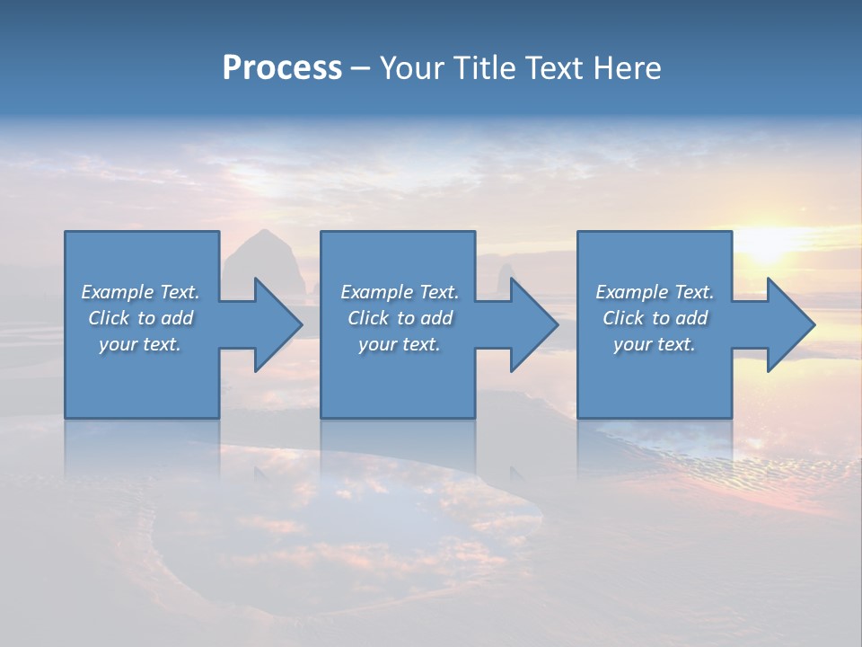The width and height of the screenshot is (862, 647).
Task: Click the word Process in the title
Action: point(282,68)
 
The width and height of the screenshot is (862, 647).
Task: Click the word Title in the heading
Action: point(485,68)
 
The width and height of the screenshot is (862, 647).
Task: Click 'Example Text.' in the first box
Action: point(140,292)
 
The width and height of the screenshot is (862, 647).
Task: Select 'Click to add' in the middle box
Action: point(400,318)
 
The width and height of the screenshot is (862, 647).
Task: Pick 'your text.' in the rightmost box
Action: point(655,344)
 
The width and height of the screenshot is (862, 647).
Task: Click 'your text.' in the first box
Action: point(140,344)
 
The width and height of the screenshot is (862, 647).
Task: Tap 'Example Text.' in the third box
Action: point(655,292)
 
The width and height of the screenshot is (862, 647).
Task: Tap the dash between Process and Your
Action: point(360,69)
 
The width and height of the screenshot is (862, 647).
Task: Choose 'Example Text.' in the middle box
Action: point(400,292)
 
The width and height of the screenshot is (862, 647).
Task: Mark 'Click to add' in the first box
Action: point(140,318)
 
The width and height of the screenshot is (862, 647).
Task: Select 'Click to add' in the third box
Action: point(655,318)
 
